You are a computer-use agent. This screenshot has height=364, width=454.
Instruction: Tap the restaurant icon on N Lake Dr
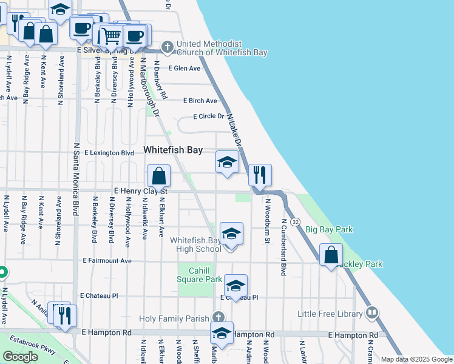pos(259,175)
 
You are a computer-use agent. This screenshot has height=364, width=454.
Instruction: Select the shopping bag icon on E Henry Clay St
pos(158,176)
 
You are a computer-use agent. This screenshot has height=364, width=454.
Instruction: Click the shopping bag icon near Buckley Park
pos(331,255)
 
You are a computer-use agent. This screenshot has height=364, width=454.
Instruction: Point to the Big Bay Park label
pos(328,229)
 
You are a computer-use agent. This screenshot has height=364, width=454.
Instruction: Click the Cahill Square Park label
pos(199,275)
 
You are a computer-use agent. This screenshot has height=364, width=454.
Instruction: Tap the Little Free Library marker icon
pos(371,314)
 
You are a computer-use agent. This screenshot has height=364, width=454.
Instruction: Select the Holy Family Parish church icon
pos(219,317)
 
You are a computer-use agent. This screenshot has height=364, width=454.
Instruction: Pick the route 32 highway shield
pos(294,223)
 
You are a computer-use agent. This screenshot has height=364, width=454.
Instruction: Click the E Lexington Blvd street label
pos(109,153)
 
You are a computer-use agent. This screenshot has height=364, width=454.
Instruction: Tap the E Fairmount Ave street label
pos(107,261)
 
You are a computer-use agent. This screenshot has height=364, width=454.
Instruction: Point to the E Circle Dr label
pos(208,116)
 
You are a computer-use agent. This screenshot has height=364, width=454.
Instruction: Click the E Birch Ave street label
pos(200,101)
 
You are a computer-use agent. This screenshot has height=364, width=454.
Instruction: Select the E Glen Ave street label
pos(185,69)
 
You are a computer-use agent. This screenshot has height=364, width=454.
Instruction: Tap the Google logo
pos(20,357)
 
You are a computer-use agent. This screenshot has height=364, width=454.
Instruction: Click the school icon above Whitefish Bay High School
pos(231,234)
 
